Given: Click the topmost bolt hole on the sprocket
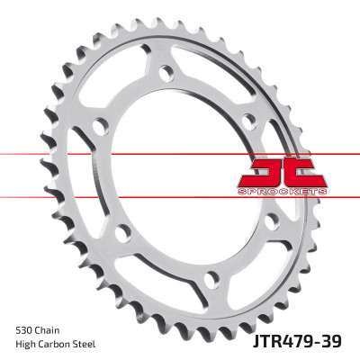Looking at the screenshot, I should tap(165, 72).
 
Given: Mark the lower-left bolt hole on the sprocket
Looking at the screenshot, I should tap(123, 231).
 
